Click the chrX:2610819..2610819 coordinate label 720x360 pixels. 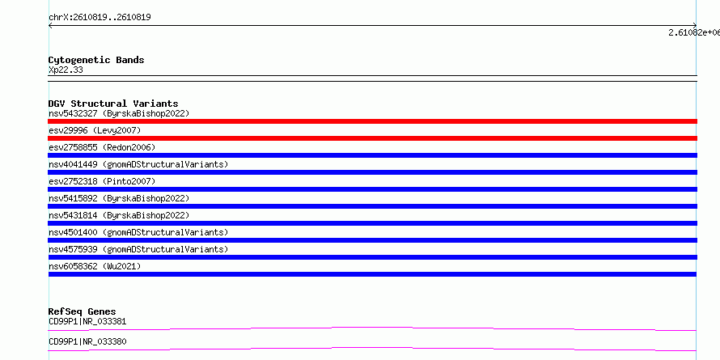pyautogui.click(x=100, y=18)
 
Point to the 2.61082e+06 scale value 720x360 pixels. pyautogui.click(x=694, y=32)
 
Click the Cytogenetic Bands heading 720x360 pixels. pyautogui.click(x=96, y=60)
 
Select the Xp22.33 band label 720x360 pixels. pyautogui.click(x=66, y=70)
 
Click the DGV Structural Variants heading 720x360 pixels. pyautogui.click(x=113, y=104)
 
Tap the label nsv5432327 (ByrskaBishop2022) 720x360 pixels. pyautogui.click(x=119, y=113)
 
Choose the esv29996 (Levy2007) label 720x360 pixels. pyautogui.click(x=95, y=130)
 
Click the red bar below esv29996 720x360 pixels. pyautogui.click(x=372, y=138)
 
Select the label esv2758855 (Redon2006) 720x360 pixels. pyautogui.click(x=102, y=147)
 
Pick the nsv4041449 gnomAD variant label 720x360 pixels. pyautogui.click(x=138, y=164)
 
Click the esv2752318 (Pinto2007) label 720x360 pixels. pyautogui.click(x=102, y=181)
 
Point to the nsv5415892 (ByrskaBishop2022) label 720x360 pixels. pyautogui.click(x=119, y=198)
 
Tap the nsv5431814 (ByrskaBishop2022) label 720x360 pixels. pyautogui.click(x=119, y=215)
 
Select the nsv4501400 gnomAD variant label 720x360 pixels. pyautogui.click(x=138, y=232)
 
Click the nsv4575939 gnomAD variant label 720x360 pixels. pyautogui.click(x=138, y=249)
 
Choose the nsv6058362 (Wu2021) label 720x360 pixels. pyautogui.click(x=95, y=266)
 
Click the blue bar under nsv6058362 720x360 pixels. pyautogui.click(x=372, y=274)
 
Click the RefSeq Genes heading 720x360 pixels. pyautogui.click(x=83, y=311)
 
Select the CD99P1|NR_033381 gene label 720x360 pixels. pyautogui.click(x=87, y=321)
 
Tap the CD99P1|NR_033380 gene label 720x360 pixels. pyautogui.click(x=87, y=341)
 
